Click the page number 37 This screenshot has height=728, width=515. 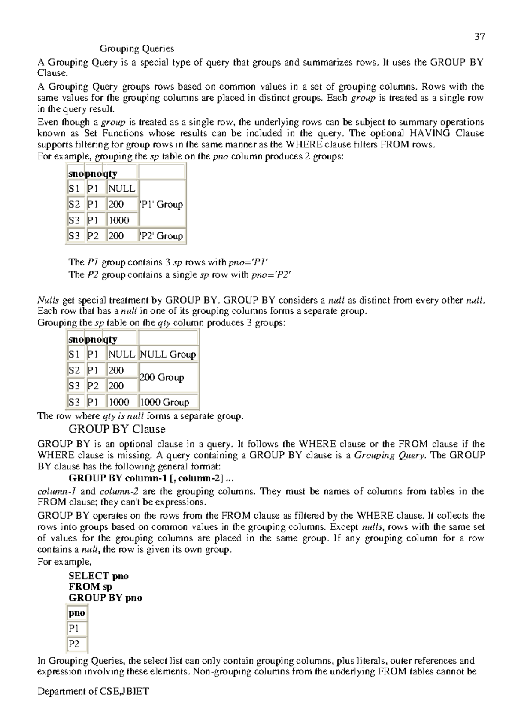click(479, 37)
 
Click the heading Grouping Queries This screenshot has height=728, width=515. click(136, 48)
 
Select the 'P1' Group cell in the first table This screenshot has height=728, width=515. click(162, 204)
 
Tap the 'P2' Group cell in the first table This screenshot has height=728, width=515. click(162, 236)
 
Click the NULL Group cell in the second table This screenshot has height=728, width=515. click(168, 355)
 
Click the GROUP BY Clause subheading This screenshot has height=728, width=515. click(117, 429)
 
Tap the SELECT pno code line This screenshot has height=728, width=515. click(98, 576)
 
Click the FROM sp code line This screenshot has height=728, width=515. click(90, 587)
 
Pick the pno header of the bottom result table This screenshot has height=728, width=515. click(76, 613)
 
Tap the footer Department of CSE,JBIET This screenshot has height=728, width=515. click(93, 704)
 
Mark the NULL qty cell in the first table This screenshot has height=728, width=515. click(121, 189)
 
